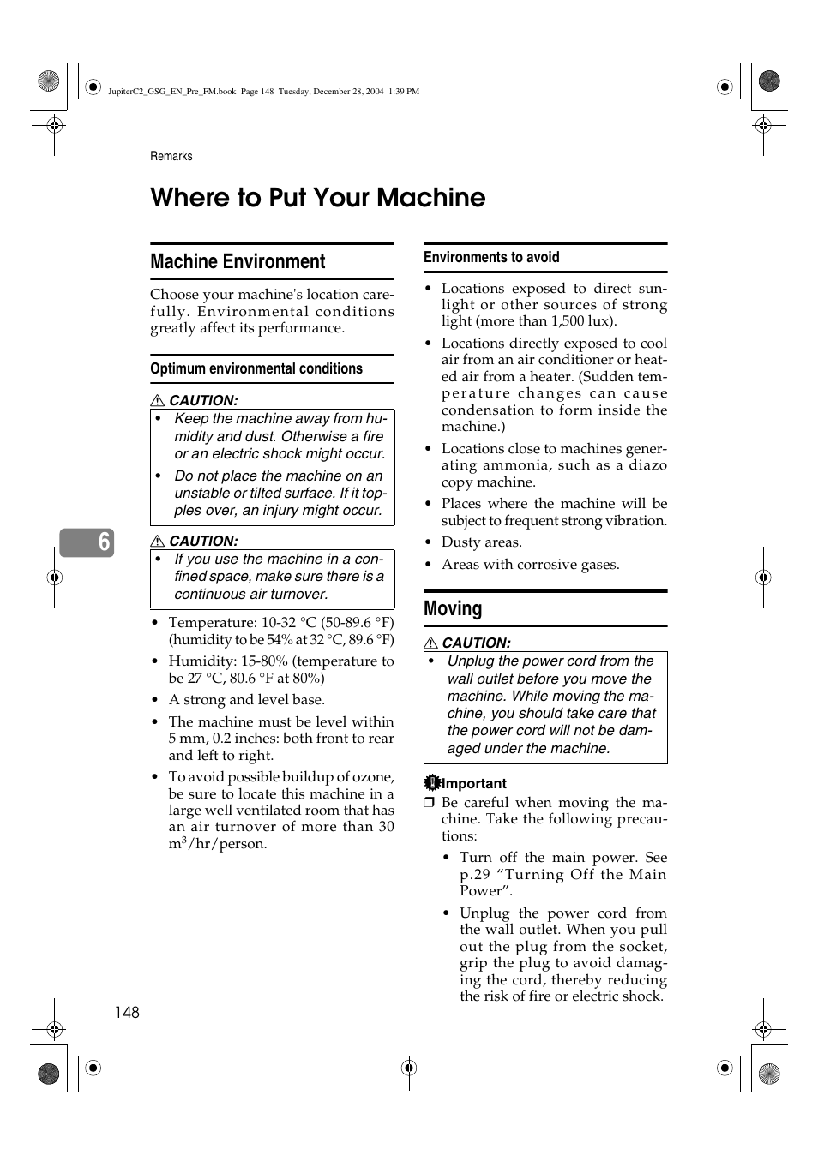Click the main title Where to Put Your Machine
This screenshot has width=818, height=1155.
(317, 198)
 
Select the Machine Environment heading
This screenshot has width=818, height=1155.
(238, 262)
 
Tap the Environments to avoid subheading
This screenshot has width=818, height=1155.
(491, 257)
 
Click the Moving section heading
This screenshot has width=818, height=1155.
(453, 609)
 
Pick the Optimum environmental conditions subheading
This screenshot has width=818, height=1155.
(256, 369)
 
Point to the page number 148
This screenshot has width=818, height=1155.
(127, 1012)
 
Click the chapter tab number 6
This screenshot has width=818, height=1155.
(104, 542)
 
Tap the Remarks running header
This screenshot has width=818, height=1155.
(171, 156)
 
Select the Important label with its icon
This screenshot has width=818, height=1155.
(466, 783)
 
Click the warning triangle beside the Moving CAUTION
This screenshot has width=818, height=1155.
(431, 643)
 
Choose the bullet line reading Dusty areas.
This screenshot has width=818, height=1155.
(481, 542)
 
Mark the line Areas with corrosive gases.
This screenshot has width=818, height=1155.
(530, 565)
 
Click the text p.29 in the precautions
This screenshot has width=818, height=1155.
(475, 875)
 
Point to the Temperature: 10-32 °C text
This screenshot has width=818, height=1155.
(242, 623)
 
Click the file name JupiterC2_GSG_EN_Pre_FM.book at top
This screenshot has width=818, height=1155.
(171, 92)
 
